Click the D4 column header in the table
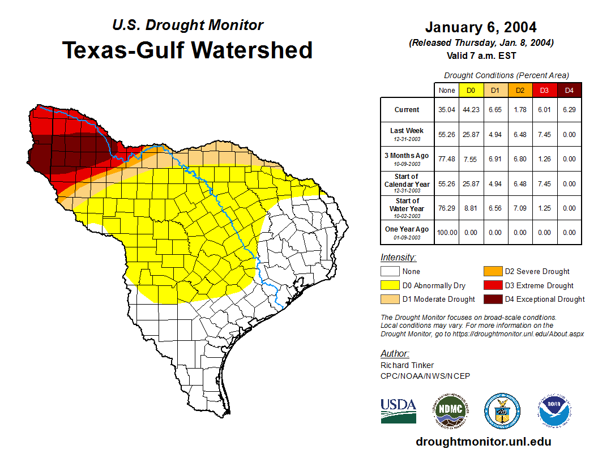pos(570,91)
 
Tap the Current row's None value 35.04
pos(447,110)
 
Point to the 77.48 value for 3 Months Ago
pos(447,159)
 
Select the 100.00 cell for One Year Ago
pos(447,232)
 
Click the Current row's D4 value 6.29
pos(570,110)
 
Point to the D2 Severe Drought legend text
pos(537,272)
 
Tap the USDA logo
pos(398,410)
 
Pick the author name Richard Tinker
pos(407,365)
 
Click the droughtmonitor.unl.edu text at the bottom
pos(483,442)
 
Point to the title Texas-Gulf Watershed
pos(187,50)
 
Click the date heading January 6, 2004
pos(481,27)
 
